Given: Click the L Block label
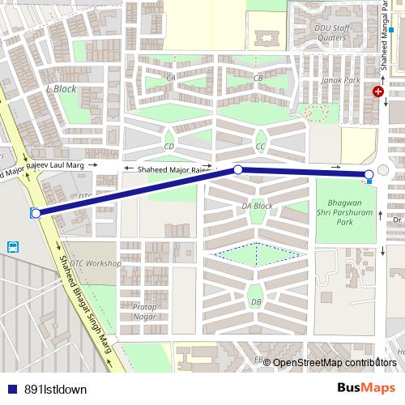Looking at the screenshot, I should (62, 89).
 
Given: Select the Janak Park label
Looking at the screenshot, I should (341, 80).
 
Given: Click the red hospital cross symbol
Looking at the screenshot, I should (377, 92).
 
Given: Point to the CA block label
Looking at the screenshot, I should (171, 78).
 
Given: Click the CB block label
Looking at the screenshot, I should (258, 78).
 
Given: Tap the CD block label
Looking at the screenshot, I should (169, 147).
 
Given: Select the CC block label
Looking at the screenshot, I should (260, 147).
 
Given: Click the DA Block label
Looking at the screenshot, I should (257, 206).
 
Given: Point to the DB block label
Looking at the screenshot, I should (256, 302).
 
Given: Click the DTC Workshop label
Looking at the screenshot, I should (96, 264).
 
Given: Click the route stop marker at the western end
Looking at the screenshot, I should (36, 213).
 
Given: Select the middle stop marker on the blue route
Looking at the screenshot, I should (238, 169).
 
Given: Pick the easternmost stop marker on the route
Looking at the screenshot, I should (369, 174).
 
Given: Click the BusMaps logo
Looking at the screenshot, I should (365, 388).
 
